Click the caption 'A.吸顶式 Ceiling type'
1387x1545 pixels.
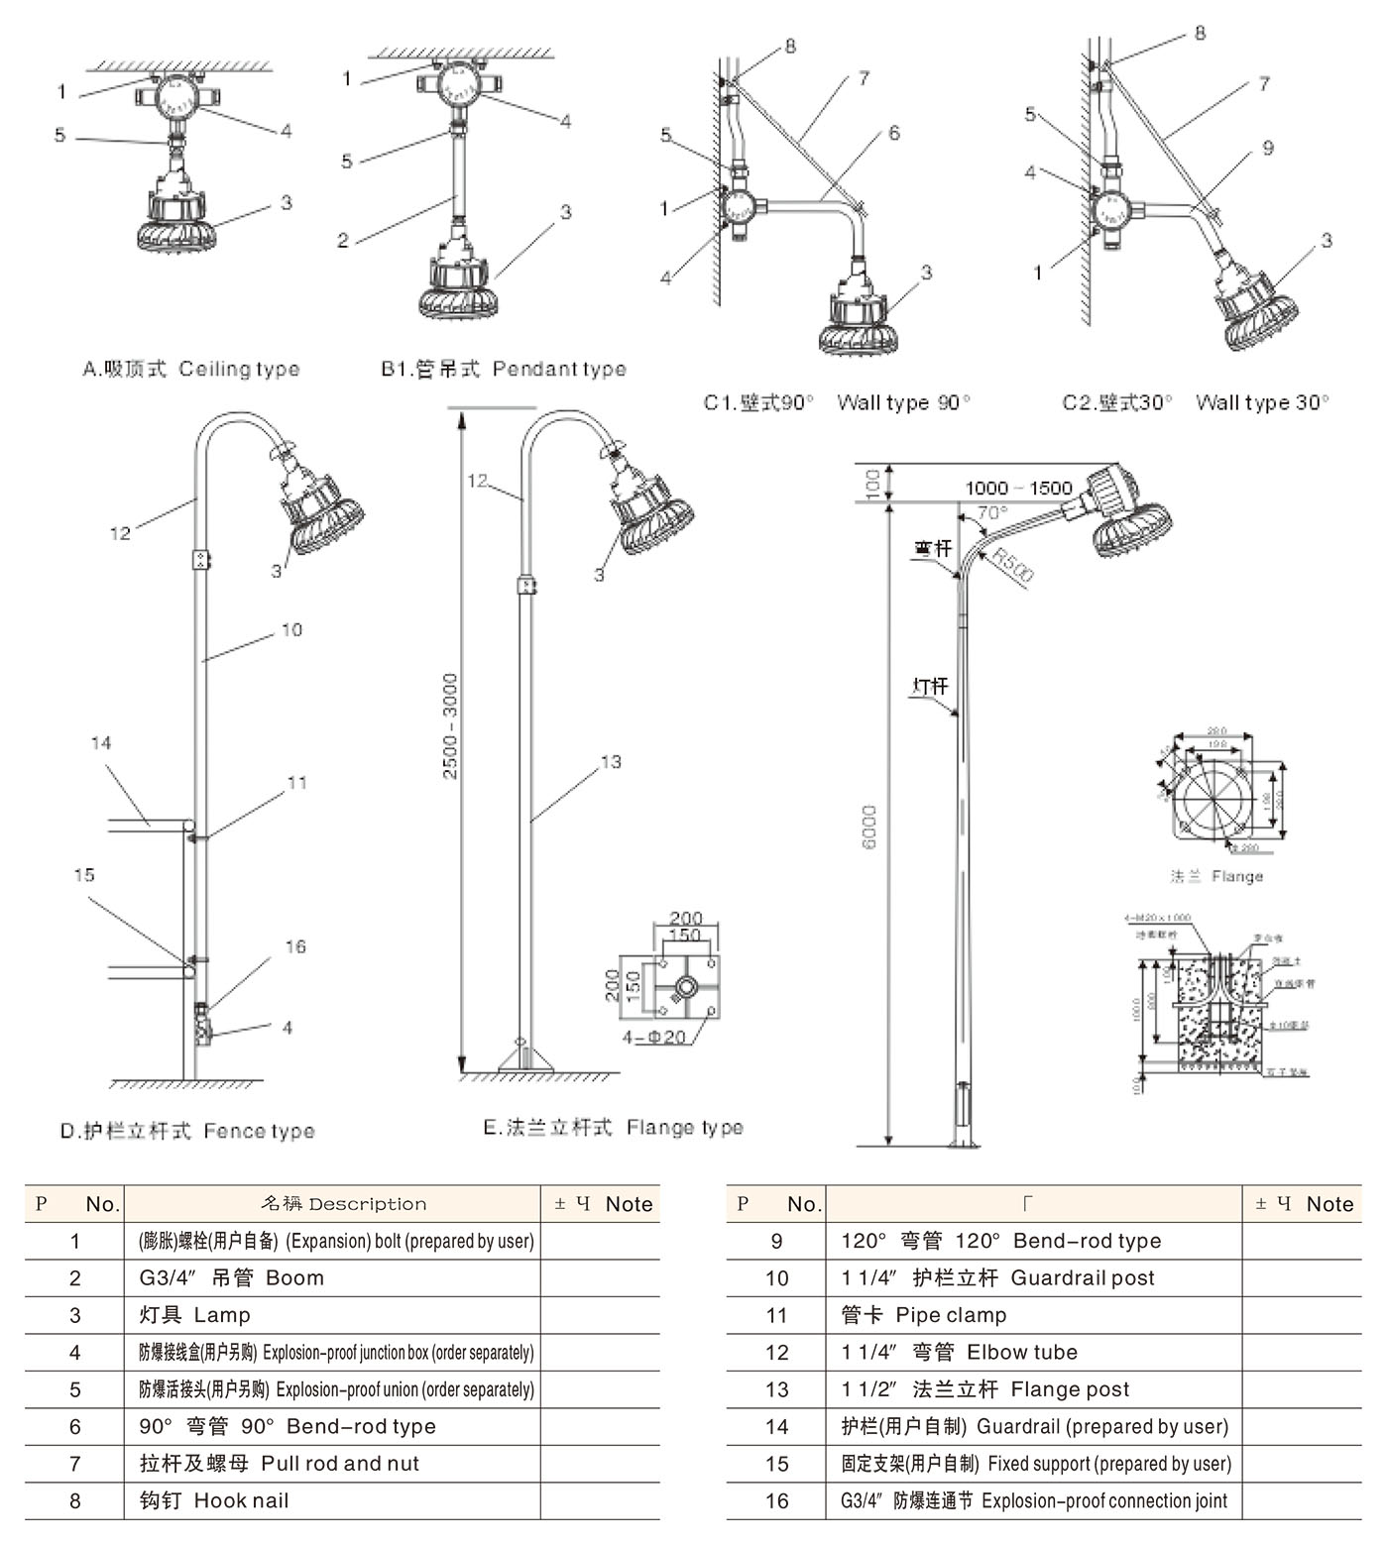coord(190,369)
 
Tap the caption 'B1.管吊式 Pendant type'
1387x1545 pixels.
coord(503,369)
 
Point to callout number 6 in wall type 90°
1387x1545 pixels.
coord(893,133)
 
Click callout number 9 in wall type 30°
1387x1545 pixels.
coord(1267,148)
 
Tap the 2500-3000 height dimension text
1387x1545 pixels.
coord(450,725)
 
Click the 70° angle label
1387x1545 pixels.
coord(991,513)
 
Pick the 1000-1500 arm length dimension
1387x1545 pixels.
coord(1018,488)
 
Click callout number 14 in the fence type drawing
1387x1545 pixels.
coord(101,743)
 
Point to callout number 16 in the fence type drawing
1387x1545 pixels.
coord(295,946)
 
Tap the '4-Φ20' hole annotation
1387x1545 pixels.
coord(653,1037)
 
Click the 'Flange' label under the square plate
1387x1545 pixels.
coord(1216,876)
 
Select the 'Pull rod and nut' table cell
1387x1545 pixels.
coord(280,1464)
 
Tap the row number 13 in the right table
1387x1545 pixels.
coord(776,1389)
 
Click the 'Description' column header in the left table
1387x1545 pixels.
coord(343,1204)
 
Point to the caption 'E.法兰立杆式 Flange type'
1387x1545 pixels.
coord(613,1128)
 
